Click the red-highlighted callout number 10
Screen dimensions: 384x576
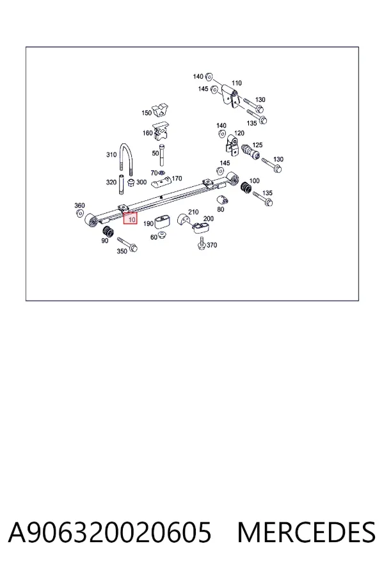pyautogui.click(x=131, y=220)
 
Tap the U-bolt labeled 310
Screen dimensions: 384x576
pyautogui.click(x=125, y=161)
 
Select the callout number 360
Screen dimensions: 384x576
pyautogui.click(x=79, y=205)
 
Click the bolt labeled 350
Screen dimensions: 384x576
pyautogui.click(x=127, y=244)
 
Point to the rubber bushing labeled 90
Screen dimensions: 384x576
pyautogui.click(x=108, y=232)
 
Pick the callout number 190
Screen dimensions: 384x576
pyautogui.click(x=148, y=224)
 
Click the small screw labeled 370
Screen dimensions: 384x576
pyautogui.click(x=201, y=244)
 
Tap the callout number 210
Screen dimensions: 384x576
pyautogui.click(x=193, y=212)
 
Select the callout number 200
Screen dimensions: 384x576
pyautogui.click(x=209, y=219)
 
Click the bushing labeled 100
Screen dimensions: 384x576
pyautogui.click(x=246, y=188)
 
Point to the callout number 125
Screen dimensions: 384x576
pyautogui.click(x=257, y=145)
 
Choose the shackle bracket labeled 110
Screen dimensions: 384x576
pyautogui.click(x=230, y=96)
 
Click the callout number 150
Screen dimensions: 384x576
pyautogui.click(x=147, y=113)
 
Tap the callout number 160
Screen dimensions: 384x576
pyautogui.click(x=147, y=133)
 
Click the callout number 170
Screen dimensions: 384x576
pyautogui.click(x=177, y=179)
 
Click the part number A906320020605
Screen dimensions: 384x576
pyautogui.click(x=109, y=532)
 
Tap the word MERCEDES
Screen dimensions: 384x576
pyautogui.click(x=307, y=532)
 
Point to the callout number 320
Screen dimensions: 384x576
pyautogui.click(x=111, y=182)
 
